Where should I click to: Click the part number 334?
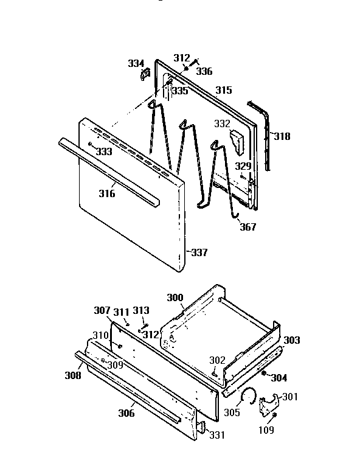[136, 63]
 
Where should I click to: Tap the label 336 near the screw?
[204, 71]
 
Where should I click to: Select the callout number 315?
[223, 90]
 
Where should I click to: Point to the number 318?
[282, 136]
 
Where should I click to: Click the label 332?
[221, 123]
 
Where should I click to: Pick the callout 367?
[247, 228]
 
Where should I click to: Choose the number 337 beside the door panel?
[199, 252]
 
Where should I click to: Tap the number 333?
[104, 151]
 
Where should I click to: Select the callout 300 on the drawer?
[175, 297]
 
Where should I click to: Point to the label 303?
[292, 340]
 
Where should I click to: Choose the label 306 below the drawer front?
[126, 413]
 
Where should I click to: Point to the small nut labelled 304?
[265, 373]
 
